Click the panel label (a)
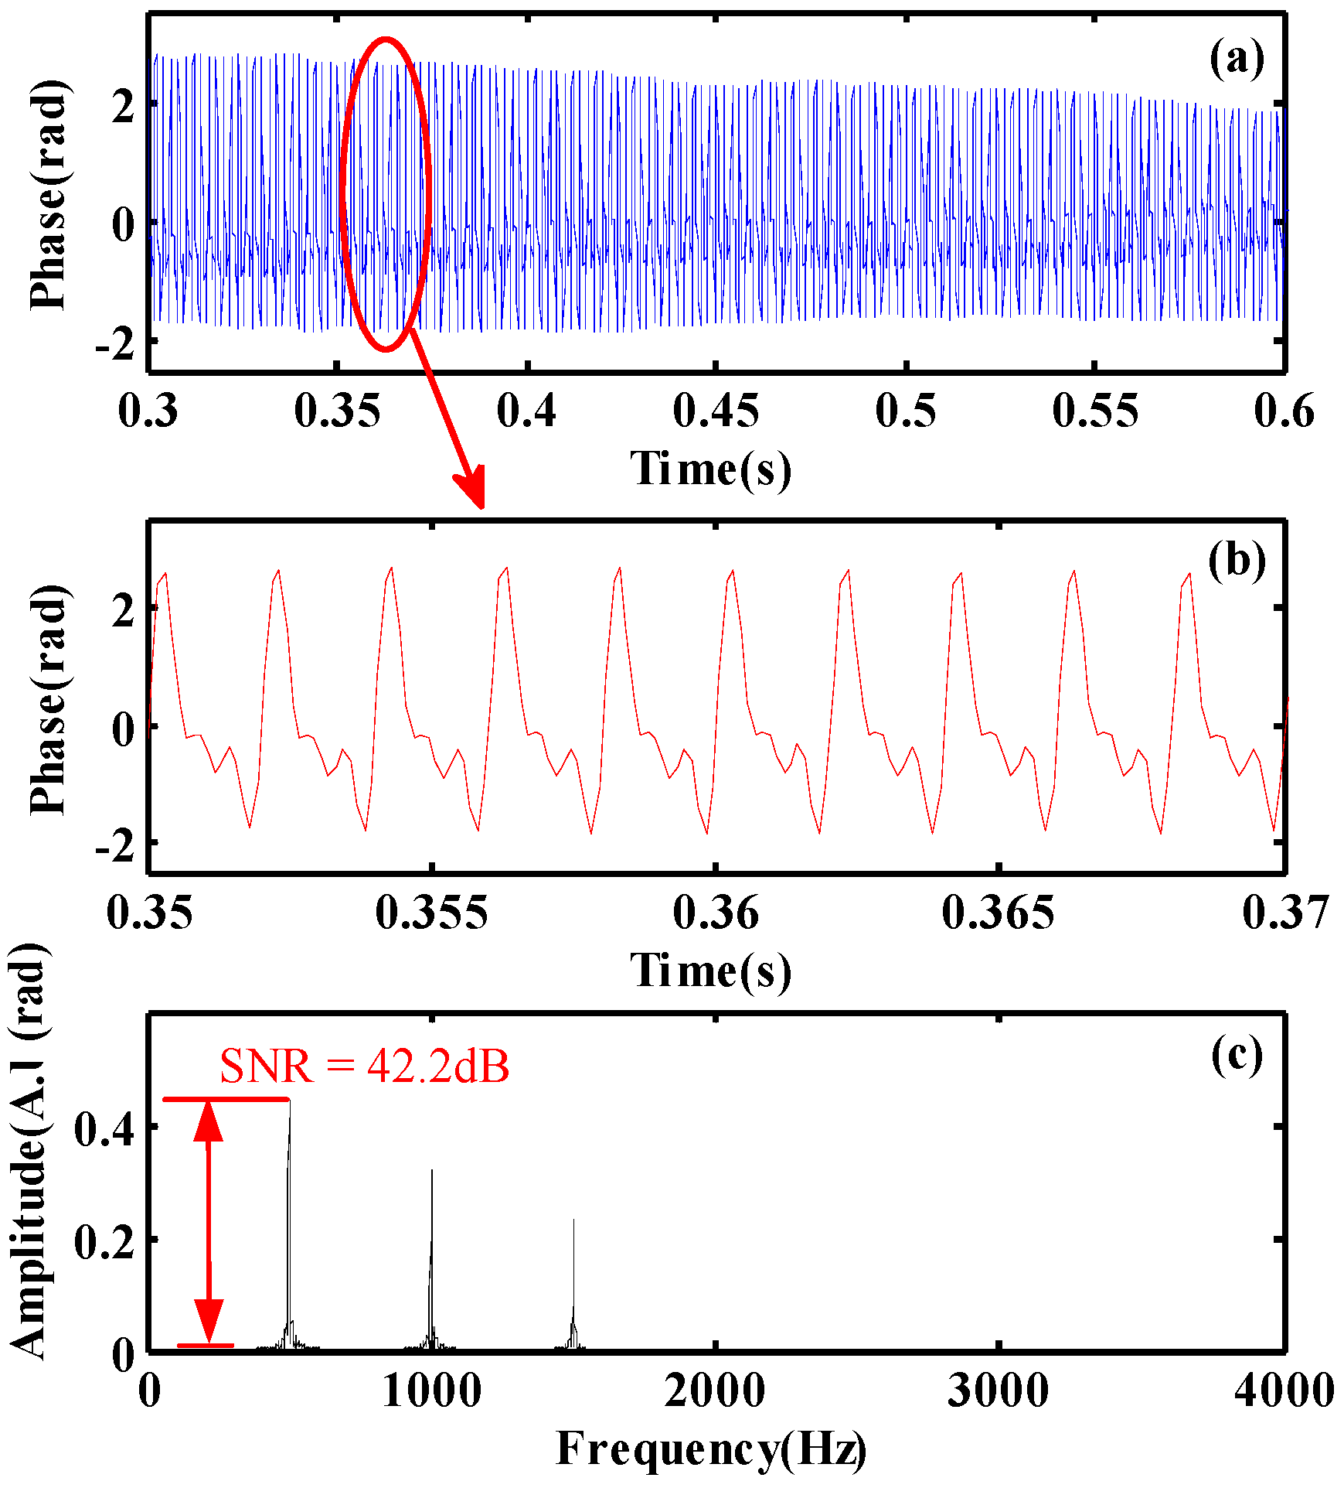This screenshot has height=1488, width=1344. point(1237,59)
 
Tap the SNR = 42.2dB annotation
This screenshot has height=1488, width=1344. point(364,1067)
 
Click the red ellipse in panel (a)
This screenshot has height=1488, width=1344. point(342,193)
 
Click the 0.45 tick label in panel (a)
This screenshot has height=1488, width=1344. point(716,411)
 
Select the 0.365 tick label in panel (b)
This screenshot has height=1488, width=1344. point(998,913)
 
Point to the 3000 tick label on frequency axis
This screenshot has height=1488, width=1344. point(998,1390)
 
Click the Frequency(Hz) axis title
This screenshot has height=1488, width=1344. point(711,1448)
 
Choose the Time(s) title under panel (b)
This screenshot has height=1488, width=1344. point(711,970)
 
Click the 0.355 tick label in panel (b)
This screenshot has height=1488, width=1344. point(431,913)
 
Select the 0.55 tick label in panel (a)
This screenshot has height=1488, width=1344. point(1095,411)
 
